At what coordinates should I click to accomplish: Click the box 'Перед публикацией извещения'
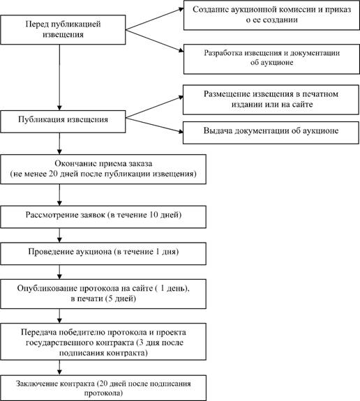click(63, 30)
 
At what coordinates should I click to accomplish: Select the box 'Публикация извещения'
click(63, 121)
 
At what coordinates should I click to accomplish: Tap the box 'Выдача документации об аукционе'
click(271, 133)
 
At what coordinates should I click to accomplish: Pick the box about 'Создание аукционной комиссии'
click(271, 15)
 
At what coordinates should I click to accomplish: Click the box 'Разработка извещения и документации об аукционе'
click(271, 59)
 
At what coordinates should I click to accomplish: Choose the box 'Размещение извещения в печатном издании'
click(271, 100)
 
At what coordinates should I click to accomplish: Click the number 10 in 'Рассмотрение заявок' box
click(153, 215)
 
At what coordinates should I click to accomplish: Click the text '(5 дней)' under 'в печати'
click(121, 298)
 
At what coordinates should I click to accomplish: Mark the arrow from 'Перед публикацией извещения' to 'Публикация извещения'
click(59, 77)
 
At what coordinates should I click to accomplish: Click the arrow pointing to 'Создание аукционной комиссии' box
click(155, 19)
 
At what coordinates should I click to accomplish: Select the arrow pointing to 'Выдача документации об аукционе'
click(154, 125)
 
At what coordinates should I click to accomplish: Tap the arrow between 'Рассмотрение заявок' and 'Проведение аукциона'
click(59, 235)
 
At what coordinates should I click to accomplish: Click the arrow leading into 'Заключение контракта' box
click(59, 368)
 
